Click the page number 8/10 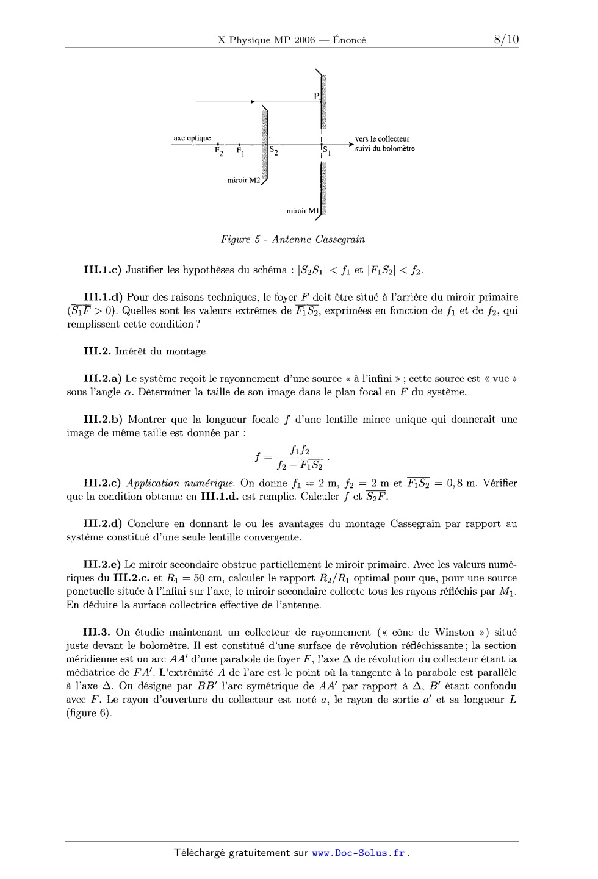pyautogui.click(x=506, y=40)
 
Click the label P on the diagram pyautogui.click(x=316, y=96)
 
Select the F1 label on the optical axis pyautogui.click(x=240, y=150)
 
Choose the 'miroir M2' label pyautogui.click(x=243, y=181)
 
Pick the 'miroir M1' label pyautogui.click(x=303, y=211)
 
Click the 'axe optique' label pyautogui.click(x=192, y=138)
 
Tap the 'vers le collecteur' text pyautogui.click(x=382, y=139)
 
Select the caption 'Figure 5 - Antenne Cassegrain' pyautogui.click(x=293, y=239)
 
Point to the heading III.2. pyautogui.click(x=95, y=351)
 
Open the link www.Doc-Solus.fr pyautogui.click(x=359, y=853)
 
